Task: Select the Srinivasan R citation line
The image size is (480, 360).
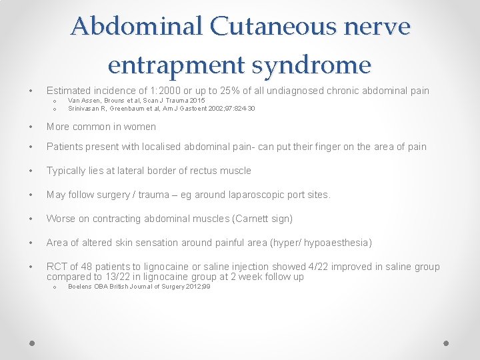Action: pos(161,109)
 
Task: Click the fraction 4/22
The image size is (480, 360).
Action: pos(313,267)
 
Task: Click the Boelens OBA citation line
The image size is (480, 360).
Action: pos(139,287)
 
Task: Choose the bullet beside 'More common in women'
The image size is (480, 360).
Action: pos(31,127)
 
